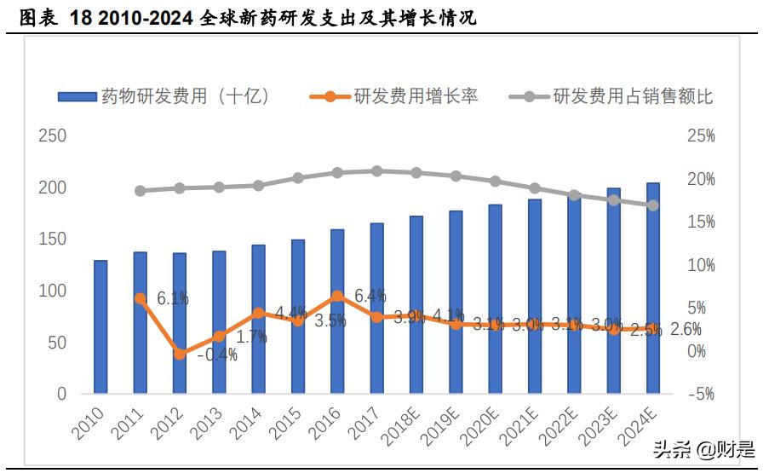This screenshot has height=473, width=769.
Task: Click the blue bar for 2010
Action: click(100, 327)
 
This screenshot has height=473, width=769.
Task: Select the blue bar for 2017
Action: click(376, 309)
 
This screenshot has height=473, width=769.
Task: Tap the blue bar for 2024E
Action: click(652, 288)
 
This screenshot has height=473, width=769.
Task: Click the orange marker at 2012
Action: click(180, 354)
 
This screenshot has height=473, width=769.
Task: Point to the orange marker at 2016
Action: click(337, 296)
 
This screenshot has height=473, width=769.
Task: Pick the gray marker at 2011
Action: click(141, 191)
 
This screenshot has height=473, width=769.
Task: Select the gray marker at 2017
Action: click(376, 171)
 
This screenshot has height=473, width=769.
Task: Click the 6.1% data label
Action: click(173, 299)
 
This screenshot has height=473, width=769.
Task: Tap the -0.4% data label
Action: click(217, 355)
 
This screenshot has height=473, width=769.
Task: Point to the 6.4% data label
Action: click(370, 296)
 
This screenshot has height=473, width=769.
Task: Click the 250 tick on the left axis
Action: click(52, 136)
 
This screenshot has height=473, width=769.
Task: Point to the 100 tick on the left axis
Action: click(52, 291)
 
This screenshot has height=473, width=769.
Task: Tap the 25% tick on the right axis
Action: click(701, 136)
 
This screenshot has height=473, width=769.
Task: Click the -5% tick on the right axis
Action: click(701, 395)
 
